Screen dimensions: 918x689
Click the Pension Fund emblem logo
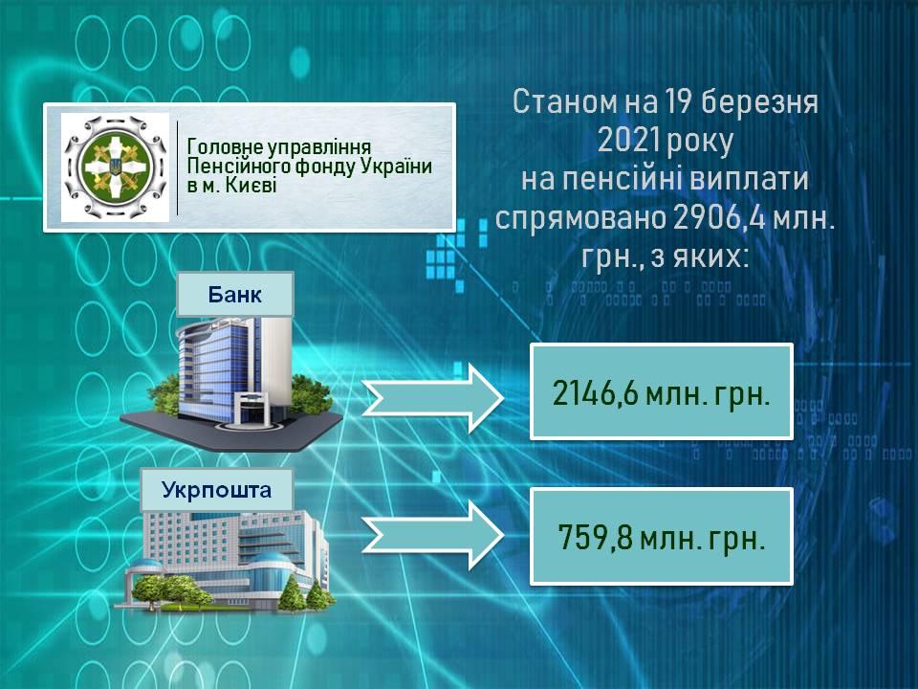pyautogui.click(x=116, y=167)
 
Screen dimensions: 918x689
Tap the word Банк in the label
pyautogui.click(x=235, y=295)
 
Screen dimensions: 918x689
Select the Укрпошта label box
pyautogui.click(x=217, y=490)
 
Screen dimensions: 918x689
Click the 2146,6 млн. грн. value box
pyautogui.click(x=662, y=391)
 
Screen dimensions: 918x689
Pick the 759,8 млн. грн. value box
pyautogui.click(x=662, y=536)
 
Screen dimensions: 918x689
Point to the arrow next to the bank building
pyautogui.click(x=432, y=398)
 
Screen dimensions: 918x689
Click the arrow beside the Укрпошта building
pyautogui.click(x=432, y=535)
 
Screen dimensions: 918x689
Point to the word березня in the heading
pyautogui.click(x=759, y=101)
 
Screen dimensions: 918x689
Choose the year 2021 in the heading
pyautogui.click(x=625, y=141)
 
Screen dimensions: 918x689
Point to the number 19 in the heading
pyautogui.click(x=678, y=101)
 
